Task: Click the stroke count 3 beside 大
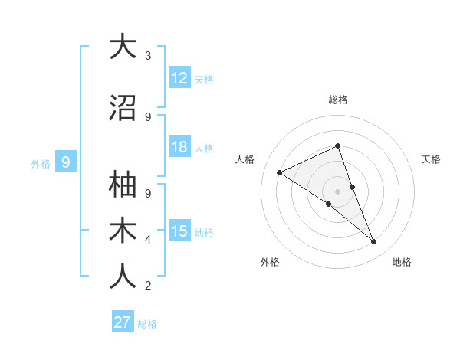(147, 56)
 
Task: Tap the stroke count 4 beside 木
(147, 241)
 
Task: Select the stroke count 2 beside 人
(147, 286)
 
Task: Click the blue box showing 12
(179, 78)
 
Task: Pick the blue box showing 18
(179, 148)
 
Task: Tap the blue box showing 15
(179, 231)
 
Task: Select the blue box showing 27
(122, 322)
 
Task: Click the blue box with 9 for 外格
(66, 162)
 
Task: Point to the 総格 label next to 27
(147, 324)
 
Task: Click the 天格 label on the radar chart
(431, 159)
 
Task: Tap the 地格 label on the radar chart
(402, 262)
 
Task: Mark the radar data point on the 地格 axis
(374, 242)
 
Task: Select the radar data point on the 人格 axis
(280, 172)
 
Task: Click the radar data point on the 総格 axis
(337, 146)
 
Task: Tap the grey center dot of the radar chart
(337, 191)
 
